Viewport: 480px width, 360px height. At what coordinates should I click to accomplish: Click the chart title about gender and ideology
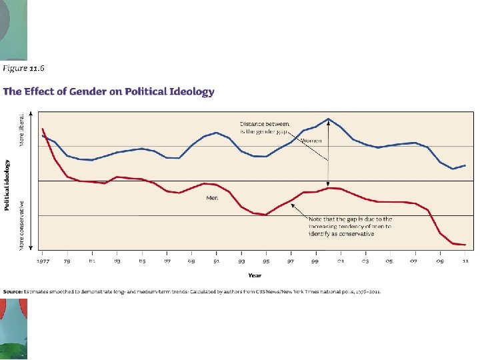pyautogui.click(x=109, y=92)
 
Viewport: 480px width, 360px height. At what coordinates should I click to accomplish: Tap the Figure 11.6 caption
pyautogui.click(x=24, y=67)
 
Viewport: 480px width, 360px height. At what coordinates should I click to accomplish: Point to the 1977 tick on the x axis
pyautogui.click(x=42, y=261)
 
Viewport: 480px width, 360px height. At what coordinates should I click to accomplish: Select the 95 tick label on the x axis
pyautogui.click(x=266, y=261)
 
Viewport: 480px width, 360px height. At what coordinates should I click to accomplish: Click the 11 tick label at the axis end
pyautogui.click(x=464, y=261)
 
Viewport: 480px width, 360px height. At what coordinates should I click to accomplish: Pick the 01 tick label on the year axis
pyautogui.click(x=340, y=261)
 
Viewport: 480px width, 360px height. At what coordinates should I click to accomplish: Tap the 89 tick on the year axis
pyautogui.click(x=192, y=261)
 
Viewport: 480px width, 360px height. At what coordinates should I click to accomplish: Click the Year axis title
pyautogui.click(x=255, y=275)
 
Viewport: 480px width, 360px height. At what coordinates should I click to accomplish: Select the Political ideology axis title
pyautogui.click(x=7, y=185)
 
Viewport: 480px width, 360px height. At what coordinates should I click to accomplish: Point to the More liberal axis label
pyautogui.click(x=21, y=130)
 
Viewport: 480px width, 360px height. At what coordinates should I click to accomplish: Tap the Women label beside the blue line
pyautogui.click(x=312, y=141)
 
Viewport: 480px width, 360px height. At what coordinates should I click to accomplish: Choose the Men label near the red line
pyautogui.click(x=212, y=197)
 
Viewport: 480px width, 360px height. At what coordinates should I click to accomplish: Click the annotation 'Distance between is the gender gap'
pyautogui.click(x=265, y=127)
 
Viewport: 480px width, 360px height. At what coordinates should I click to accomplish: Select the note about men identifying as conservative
pyautogui.click(x=350, y=226)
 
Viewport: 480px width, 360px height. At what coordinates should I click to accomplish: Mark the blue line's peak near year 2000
pyautogui.click(x=328, y=119)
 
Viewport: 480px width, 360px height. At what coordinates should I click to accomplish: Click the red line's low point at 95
pyautogui.click(x=266, y=215)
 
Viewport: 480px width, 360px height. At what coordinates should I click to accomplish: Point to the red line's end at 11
pyautogui.click(x=464, y=245)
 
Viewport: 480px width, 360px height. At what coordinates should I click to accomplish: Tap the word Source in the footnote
pyautogui.click(x=13, y=292)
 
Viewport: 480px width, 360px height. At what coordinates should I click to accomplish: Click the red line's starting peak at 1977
pyautogui.click(x=42, y=129)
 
